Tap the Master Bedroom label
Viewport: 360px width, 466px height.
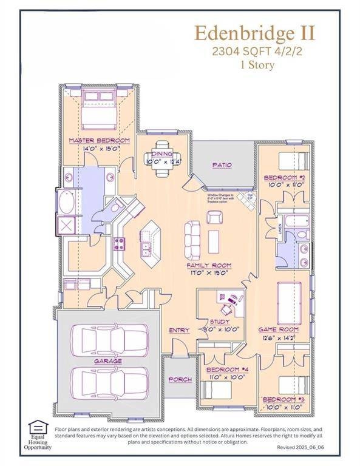tap(99, 140)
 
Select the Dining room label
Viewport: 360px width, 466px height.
tap(162, 154)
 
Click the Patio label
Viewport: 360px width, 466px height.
tap(222, 164)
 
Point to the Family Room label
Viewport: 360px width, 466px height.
tap(209, 265)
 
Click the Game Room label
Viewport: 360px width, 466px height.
tap(279, 329)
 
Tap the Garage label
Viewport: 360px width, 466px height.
tap(108, 361)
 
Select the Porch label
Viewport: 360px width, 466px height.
tap(180, 379)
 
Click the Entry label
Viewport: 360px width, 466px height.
tap(180, 330)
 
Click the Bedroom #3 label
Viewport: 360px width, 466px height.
tap(282, 399)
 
